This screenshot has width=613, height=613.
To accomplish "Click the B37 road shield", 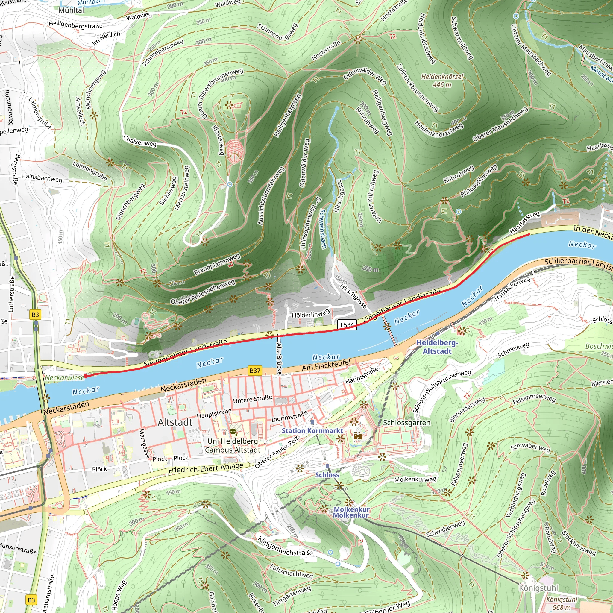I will [x=255, y=371].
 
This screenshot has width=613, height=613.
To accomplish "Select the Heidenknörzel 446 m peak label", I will [x=442, y=81].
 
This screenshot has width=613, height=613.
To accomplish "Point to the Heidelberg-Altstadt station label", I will [x=437, y=347].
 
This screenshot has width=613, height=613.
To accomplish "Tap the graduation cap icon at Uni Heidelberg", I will [x=233, y=432].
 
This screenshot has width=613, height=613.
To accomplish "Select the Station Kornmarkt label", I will [x=312, y=430].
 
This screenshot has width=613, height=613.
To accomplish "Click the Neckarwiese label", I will [x=64, y=377].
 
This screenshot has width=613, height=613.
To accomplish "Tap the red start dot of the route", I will [x=86, y=376].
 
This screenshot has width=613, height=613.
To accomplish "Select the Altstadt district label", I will [x=175, y=422].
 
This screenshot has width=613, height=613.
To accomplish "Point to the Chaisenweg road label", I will [x=139, y=141].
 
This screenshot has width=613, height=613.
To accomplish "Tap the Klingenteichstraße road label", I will [x=285, y=546].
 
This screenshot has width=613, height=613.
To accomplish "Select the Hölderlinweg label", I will [x=310, y=314].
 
